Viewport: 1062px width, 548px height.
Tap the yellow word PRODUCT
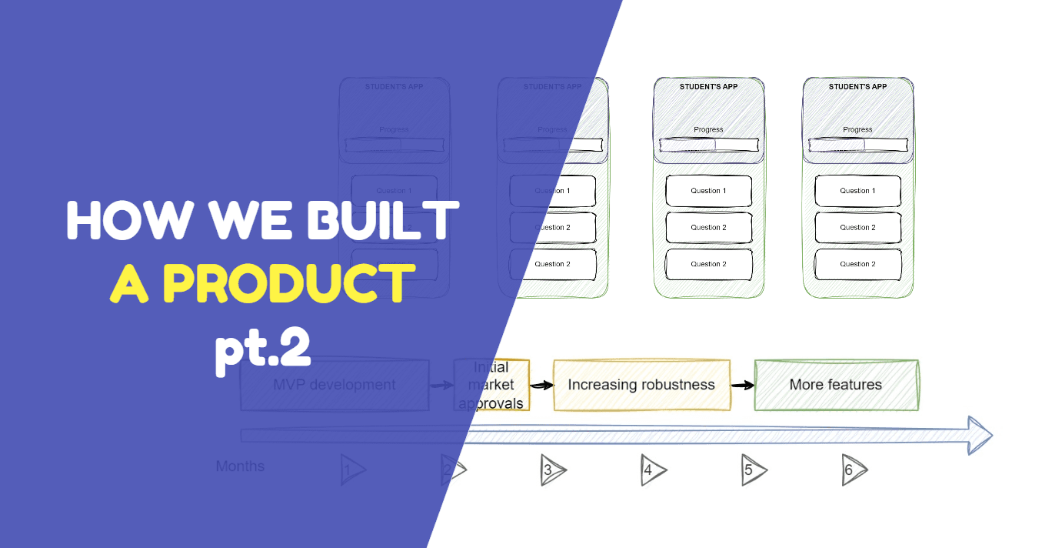point(284,283)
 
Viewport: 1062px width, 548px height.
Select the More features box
point(836,385)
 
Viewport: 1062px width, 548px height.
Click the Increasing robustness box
point(641,385)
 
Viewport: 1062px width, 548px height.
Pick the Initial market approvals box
point(491,385)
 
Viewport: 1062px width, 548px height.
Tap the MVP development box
point(335,385)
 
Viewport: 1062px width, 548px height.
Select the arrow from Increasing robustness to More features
point(742,385)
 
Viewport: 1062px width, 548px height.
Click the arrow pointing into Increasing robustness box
point(541,385)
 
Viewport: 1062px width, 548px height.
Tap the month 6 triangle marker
point(853,470)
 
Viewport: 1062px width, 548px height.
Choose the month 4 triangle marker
point(652,470)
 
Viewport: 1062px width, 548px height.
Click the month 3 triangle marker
point(552,470)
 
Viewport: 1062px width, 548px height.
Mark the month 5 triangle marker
point(753,470)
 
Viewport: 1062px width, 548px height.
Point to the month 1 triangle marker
point(351,470)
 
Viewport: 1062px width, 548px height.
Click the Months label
point(240,466)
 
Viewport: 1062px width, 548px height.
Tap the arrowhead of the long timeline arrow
point(979,436)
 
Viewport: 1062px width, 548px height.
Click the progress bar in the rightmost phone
point(857,145)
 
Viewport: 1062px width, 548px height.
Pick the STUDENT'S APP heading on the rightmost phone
point(857,87)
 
